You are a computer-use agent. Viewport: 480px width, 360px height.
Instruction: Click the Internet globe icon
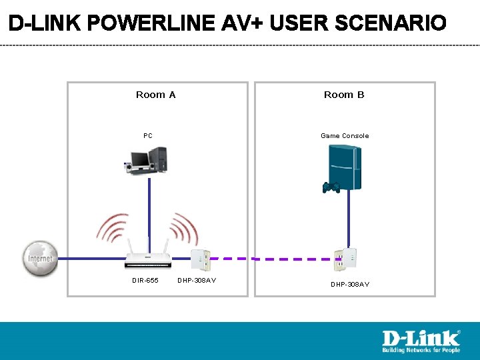pos(40,257)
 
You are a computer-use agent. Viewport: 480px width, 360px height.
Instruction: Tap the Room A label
pos(155,95)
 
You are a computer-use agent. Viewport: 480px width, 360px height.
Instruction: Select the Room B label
pos(344,95)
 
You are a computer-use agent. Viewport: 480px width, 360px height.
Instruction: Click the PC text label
pos(147,136)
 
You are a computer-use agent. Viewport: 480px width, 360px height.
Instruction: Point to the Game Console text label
pos(344,136)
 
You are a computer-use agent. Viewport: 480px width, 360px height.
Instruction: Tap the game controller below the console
pos(331,187)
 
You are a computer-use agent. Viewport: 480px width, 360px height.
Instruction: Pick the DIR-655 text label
pos(145,281)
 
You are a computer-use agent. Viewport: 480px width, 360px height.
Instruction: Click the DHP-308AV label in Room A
pos(197,281)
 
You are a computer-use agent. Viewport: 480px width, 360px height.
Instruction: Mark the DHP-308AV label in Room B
pos(350,285)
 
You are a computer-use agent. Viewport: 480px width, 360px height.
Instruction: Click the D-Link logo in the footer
pos(421,341)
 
